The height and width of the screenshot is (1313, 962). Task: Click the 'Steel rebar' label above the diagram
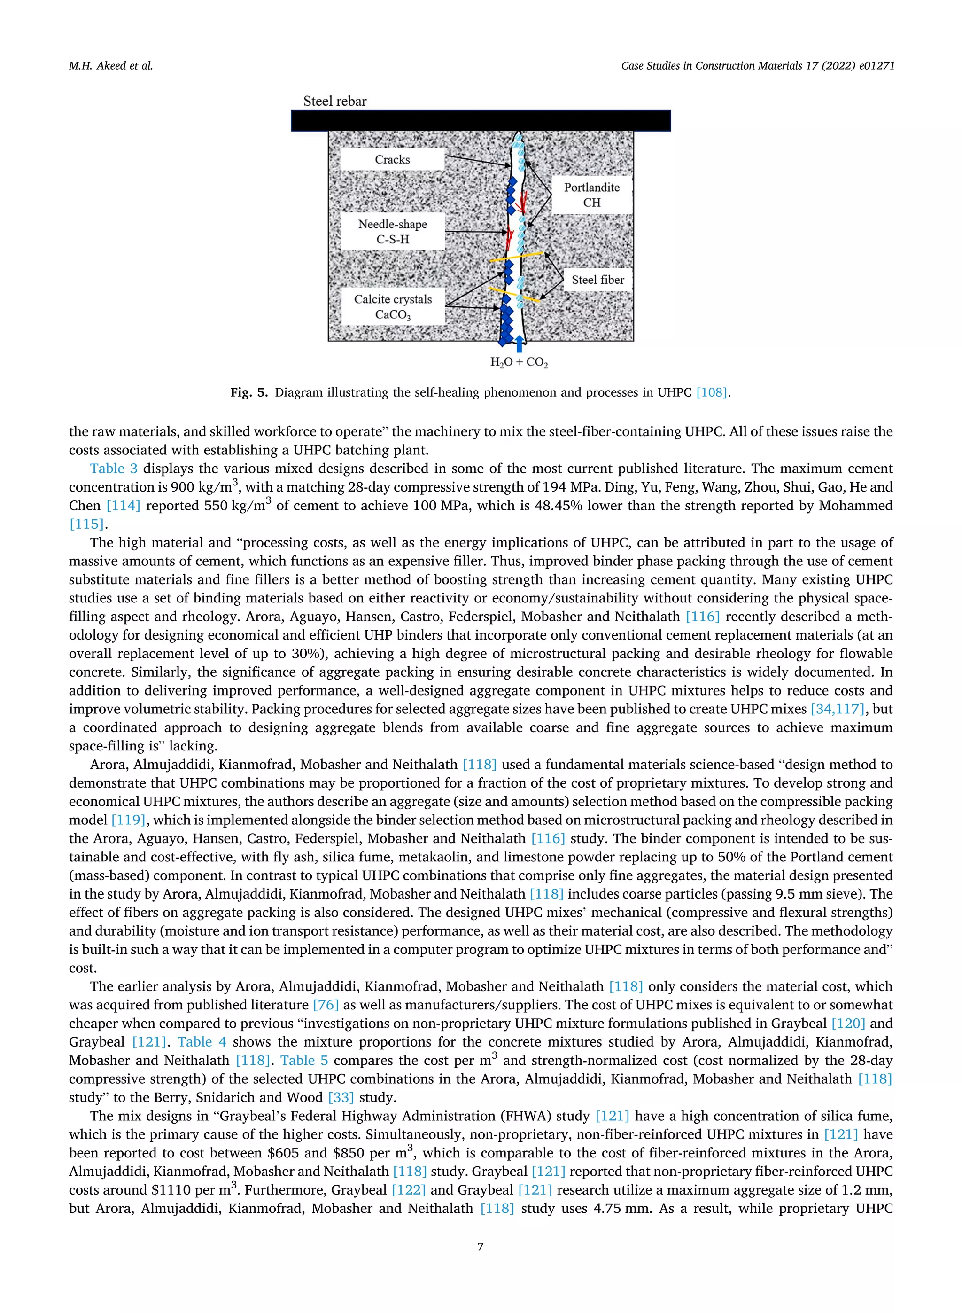point(335,102)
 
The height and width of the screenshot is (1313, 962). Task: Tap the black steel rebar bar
point(481,121)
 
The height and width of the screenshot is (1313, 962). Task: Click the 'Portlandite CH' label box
point(592,195)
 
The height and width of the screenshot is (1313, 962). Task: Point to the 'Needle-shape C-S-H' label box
point(393,231)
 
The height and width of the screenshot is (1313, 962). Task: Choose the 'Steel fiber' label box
point(597,280)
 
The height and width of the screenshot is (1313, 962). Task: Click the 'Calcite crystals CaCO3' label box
point(393,306)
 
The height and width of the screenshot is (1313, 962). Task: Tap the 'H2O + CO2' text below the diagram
point(519,362)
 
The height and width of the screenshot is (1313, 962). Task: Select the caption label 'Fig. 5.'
point(248,392)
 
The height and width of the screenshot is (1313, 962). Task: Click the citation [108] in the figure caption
point(712,392)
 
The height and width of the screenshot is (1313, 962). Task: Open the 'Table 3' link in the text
point(114,469)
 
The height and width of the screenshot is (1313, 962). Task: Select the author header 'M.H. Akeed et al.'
point(111,66)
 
